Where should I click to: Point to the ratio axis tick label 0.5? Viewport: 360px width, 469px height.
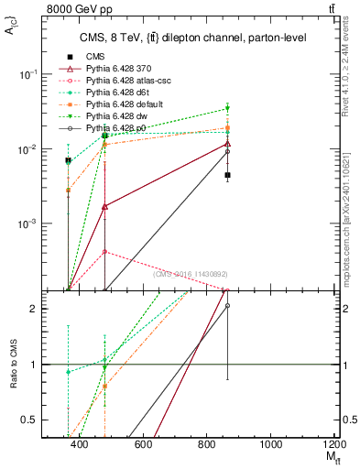[29, 420]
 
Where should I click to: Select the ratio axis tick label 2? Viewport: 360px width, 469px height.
[34, 309]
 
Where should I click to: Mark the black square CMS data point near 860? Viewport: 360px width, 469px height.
[227, 175]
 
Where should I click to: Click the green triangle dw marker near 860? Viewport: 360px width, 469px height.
[227, 110]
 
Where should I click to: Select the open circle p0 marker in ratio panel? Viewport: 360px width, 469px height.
[227, 306]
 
